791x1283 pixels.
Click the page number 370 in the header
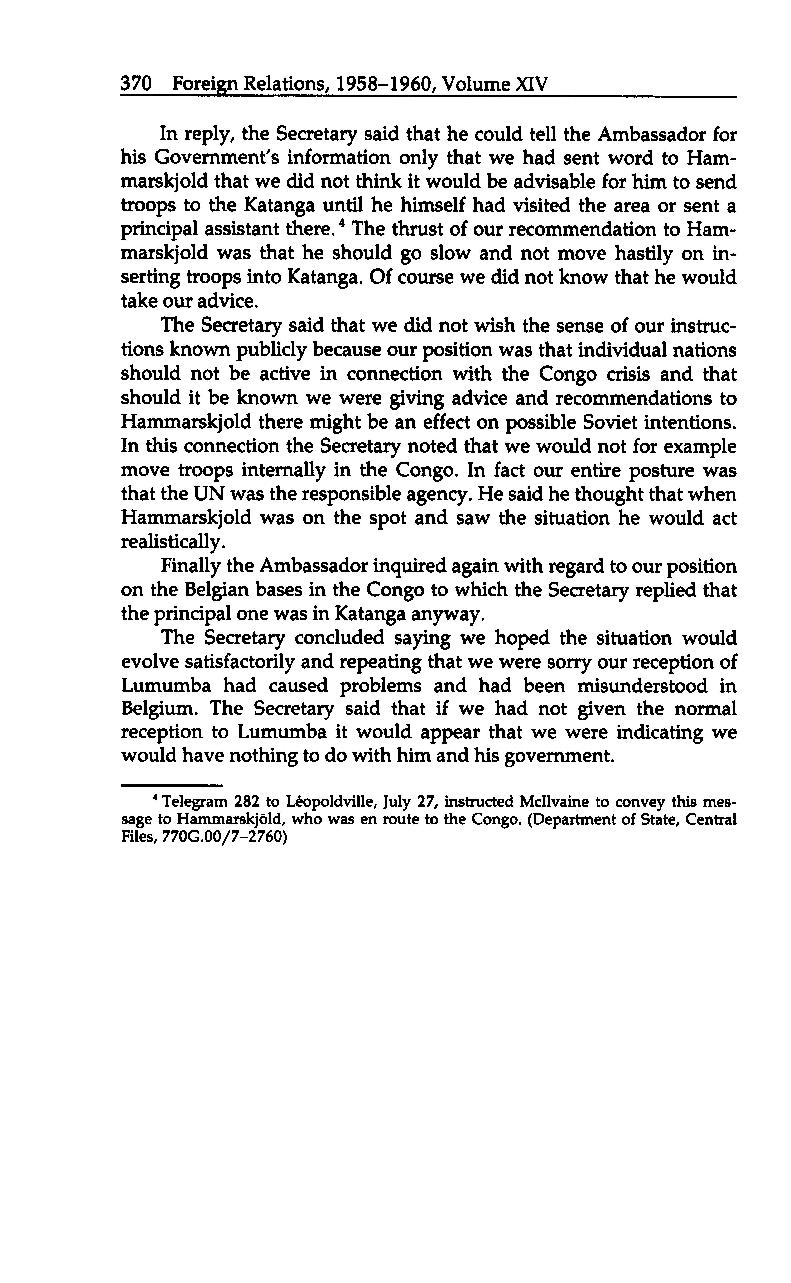click(x=136, y=84)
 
